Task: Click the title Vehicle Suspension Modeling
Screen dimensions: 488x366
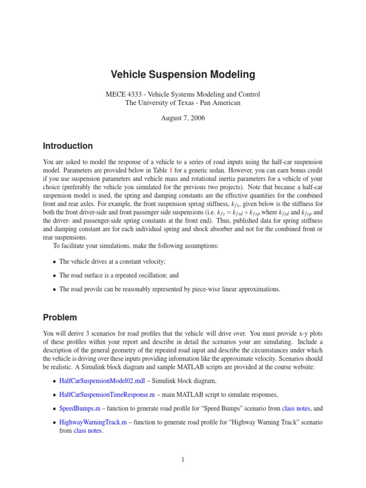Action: [183, 75]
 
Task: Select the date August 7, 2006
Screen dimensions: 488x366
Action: [183, 118]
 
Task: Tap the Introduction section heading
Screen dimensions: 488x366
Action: [68, 146]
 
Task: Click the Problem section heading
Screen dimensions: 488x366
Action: [60, 317]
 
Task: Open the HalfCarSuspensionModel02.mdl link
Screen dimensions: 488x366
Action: [102, 381]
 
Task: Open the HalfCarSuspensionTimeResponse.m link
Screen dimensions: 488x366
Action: [107, 395]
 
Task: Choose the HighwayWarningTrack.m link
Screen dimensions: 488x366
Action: [93, 422]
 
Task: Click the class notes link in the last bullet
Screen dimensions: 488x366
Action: [88, 431]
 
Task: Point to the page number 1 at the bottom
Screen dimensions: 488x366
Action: [183, 459]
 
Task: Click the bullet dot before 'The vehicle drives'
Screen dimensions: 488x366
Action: [54, 262]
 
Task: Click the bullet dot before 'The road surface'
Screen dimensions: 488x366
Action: [54, 276]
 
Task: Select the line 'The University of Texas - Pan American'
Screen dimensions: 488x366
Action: [183, 102]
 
